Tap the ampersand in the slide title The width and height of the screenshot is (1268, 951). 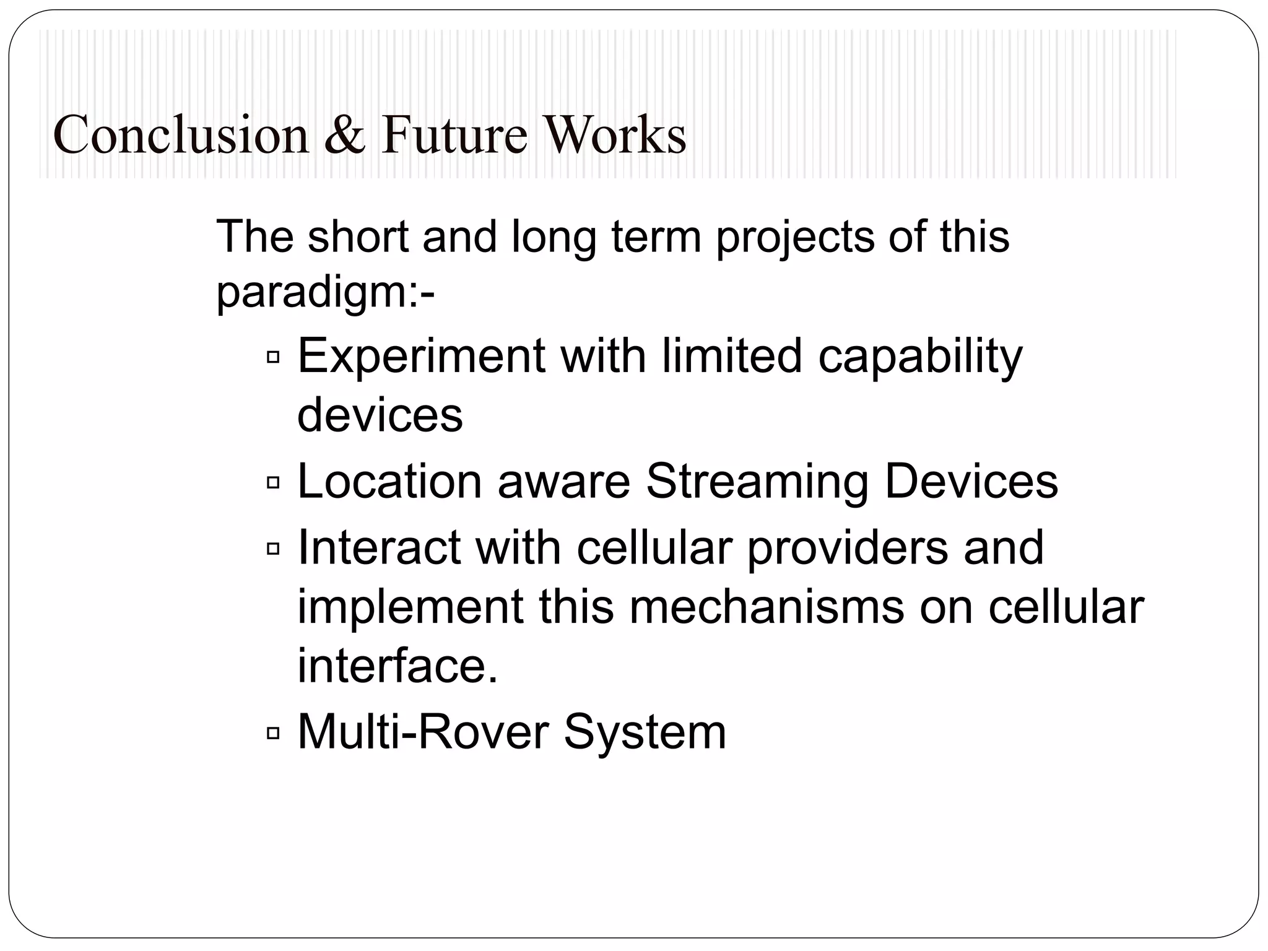tap(344, 135)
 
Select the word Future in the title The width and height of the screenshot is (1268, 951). tap(454, 135)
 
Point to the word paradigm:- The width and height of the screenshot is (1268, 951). tap(325, 292)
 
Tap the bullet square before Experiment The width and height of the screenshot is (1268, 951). tap(273, 357)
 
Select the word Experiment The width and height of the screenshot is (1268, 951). tap(421, 357)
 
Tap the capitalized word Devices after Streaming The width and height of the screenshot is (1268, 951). tap(971, 482)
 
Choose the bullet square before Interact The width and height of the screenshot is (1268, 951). tap(273, 549)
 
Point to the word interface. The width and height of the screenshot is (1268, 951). tap(397, 666)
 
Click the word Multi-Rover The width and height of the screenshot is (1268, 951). tap(423, 732)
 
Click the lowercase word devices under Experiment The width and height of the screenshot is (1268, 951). tap(380, 415)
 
